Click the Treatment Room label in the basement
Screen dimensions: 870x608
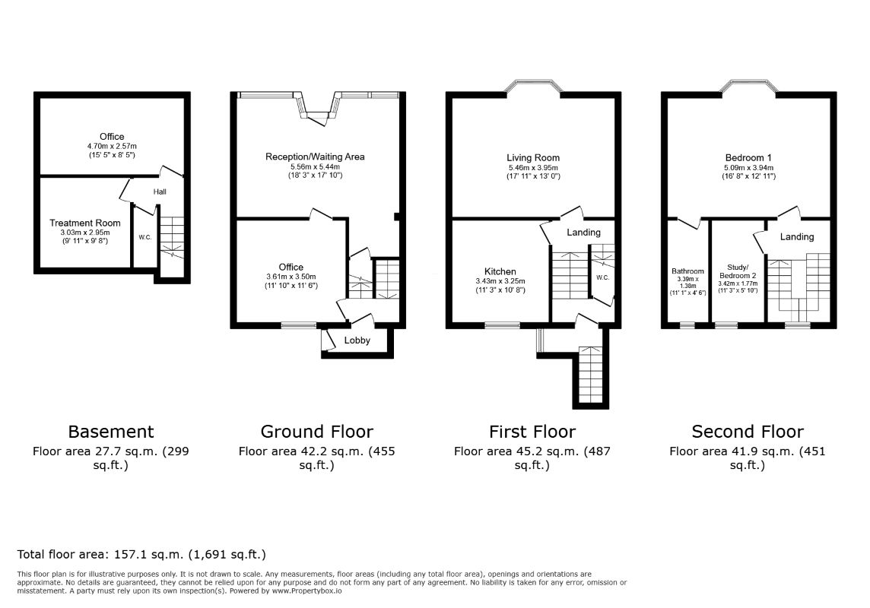(x=85, y=223)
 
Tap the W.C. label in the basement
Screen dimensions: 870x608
(x=144, y=237)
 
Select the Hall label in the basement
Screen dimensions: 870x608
(x=160, y=192)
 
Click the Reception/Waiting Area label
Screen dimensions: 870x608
(x=315, y=157)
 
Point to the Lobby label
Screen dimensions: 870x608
(x=357, y=340)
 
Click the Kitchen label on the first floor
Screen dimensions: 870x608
(x=500, y=271)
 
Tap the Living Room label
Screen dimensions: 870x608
(x=532, y=158)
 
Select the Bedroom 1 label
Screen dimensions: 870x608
(x=748, y=158)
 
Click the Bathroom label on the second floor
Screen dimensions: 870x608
(x=687, y=271)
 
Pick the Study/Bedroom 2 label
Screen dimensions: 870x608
(x=738, y=271)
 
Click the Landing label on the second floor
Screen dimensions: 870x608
(x=797, y=236)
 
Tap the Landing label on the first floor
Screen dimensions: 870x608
(x=583, y=233)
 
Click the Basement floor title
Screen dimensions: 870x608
(x=111, y=431)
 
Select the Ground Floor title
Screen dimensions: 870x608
(x=317, y=431)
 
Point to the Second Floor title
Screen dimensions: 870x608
(x=748, y=431)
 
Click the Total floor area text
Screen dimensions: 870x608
(x=141, y=554)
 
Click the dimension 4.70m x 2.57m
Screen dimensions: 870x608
(x=112, y=147)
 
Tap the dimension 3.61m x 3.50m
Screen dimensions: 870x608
(x=291, y=277)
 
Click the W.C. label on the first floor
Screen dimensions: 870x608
(x=602, y=277)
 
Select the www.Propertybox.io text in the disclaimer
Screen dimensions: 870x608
(x=306, y=591)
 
